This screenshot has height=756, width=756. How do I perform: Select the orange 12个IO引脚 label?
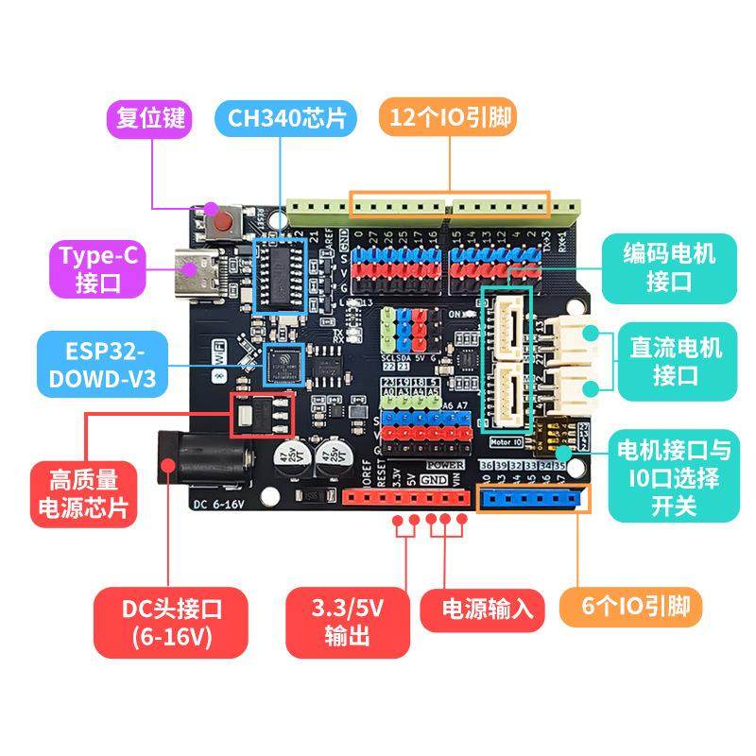point(451,119)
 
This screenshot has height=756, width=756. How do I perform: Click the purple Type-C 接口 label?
point(99,267)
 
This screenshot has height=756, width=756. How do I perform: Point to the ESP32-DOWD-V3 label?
point(103,364)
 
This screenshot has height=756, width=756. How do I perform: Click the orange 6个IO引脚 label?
point(630,607)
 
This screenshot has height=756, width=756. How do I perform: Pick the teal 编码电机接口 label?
point(669,267)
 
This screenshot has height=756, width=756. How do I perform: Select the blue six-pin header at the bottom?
point(531,499)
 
